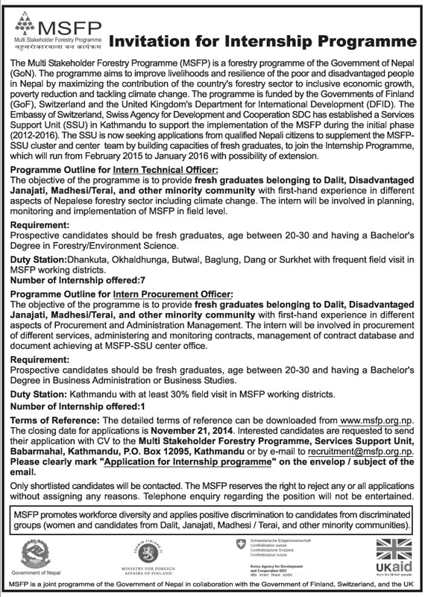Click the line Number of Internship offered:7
coord(75,282)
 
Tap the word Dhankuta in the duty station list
coord(86,262)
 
